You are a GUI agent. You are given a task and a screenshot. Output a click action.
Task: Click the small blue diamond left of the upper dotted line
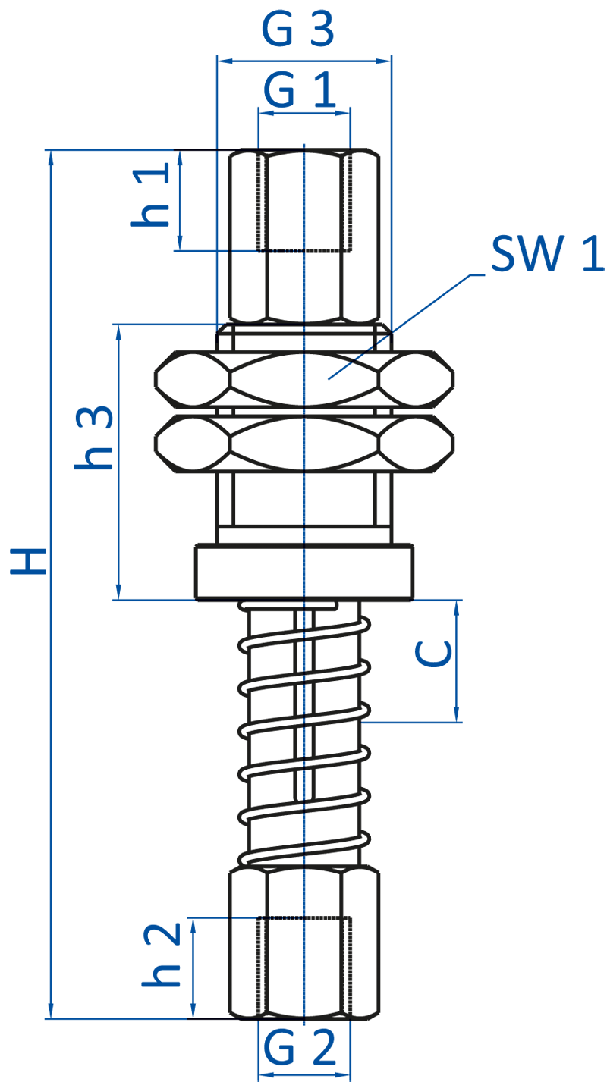click(244, 252)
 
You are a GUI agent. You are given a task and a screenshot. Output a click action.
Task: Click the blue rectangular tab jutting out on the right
click(593, 252)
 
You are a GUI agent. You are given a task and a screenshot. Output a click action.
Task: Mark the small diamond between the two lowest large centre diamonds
click(304, 536)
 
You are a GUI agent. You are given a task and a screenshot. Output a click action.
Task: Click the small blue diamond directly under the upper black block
click(304, 343)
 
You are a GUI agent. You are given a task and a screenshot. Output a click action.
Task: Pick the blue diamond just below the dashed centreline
click(304, 828)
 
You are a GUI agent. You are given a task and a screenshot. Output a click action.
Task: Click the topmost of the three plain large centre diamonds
click(304, 444)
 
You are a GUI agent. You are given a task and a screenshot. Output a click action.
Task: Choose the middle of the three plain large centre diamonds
click(304, 498)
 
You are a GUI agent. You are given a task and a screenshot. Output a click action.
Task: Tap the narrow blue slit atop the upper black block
click(303, 141)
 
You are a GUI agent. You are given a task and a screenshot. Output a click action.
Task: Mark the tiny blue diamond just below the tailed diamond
click(304, 412)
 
